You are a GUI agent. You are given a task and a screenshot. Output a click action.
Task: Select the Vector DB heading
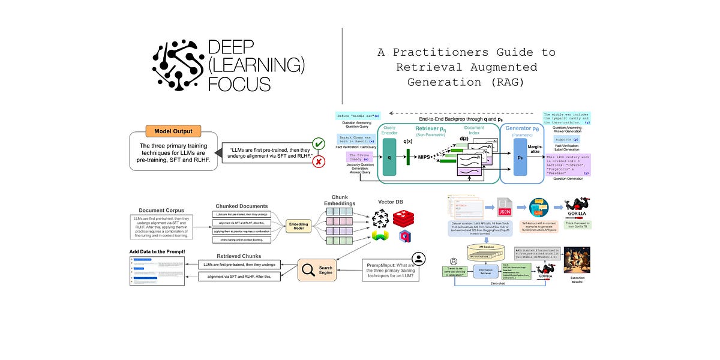(394, 202)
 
